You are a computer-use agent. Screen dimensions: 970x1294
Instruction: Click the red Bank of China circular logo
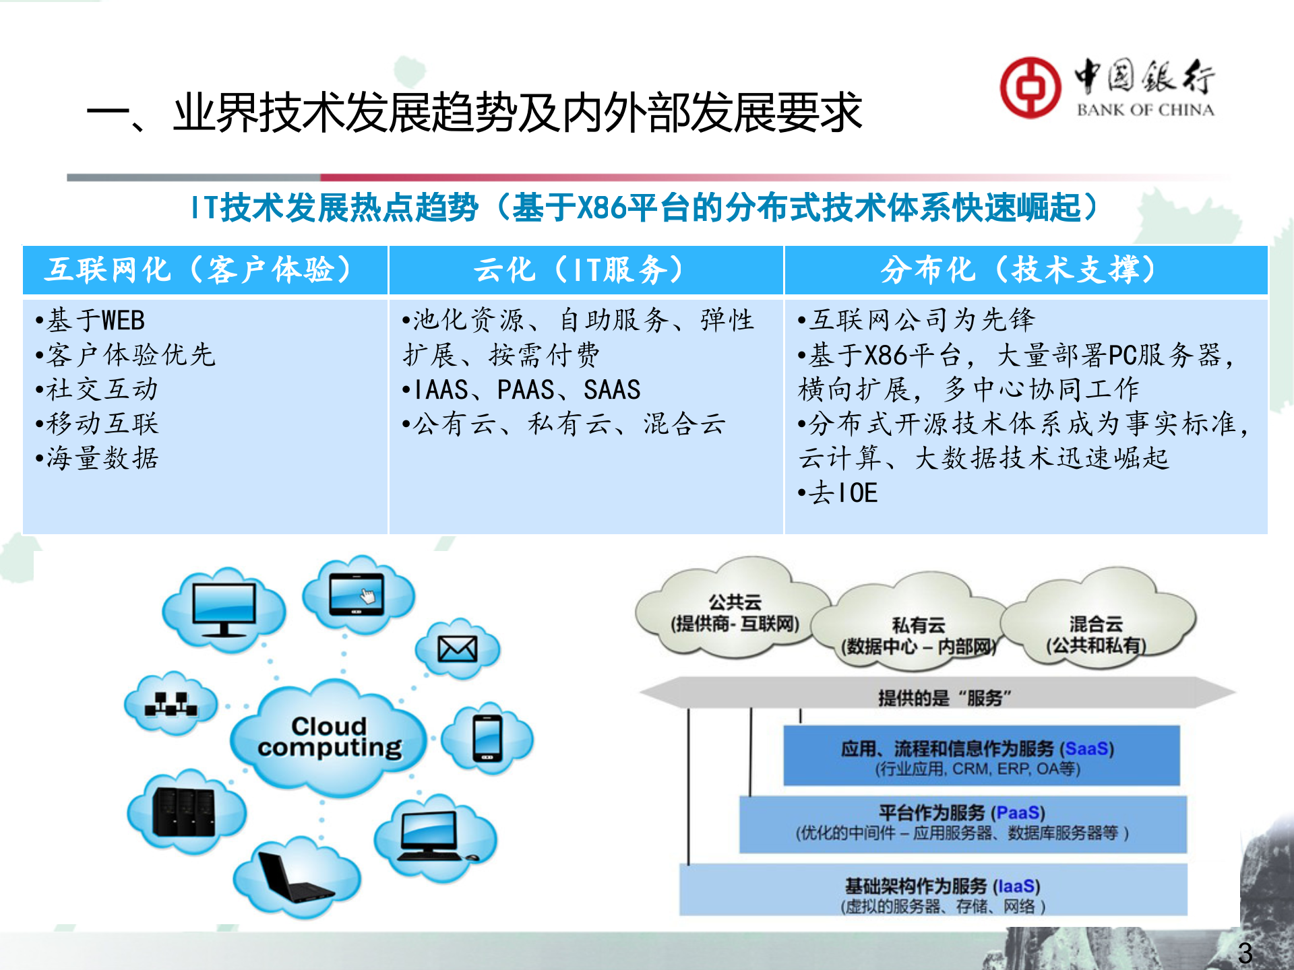tap(1030, 88)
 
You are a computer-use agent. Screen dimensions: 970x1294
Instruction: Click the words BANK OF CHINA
tap(1145, 110)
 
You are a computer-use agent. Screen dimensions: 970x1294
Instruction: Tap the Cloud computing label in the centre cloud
tap(330, 737)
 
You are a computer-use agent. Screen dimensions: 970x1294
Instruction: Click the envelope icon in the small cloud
tap(458, 649)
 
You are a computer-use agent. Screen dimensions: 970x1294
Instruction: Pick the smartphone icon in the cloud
tap(488, 738)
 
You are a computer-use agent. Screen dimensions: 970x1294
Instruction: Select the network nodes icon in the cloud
tap(171, 705)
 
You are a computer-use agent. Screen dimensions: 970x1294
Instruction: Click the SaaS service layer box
tap(981, 756)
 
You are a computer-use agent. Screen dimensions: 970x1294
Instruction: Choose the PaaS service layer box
tap(962, 823)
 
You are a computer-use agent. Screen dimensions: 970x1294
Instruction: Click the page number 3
tap(1245, 952)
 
